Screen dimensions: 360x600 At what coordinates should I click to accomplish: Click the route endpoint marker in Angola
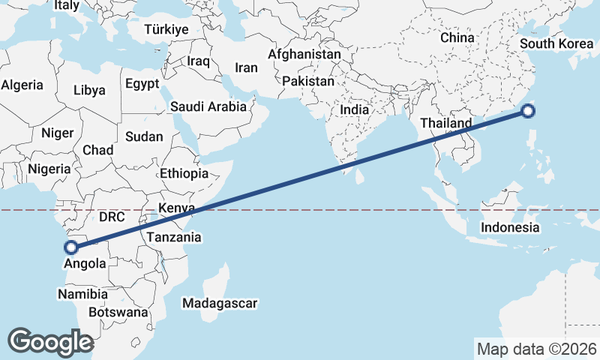coord(72,247)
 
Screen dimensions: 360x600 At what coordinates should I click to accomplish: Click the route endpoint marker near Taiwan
coord(528,112)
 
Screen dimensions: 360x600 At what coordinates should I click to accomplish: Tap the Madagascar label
coord(220,304)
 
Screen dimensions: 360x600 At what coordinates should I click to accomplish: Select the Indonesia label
coord(510,227)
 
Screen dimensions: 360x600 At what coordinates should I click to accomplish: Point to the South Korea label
coord(556,43)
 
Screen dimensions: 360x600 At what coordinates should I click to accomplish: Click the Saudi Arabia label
coord(208,106)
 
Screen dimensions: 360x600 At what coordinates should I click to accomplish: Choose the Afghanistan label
coord(304,55)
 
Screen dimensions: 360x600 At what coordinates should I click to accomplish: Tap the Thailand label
coord(445,123)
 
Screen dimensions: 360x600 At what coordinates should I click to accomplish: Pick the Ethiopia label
coord(184,173)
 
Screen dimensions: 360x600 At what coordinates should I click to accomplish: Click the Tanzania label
coord(175,237)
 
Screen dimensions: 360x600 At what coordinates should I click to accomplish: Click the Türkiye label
coord(167,30)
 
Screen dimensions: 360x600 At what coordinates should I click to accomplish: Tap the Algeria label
coord(22,85)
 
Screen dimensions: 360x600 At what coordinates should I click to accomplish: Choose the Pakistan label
coord(309,80)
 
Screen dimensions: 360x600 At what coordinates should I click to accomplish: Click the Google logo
coord(50,342)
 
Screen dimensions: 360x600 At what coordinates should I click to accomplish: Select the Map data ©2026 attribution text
coord(536,349)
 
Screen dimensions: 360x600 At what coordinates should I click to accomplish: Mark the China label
coord(457,37)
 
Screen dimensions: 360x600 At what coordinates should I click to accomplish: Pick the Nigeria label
coord(49,169)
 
